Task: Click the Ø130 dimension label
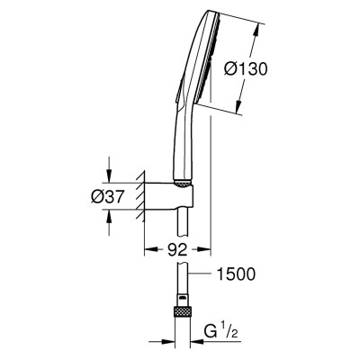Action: (245, 70)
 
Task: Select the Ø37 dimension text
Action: (107, 197)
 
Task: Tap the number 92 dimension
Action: (177, 249)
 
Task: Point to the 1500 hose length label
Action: (236, 274)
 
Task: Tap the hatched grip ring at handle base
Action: (183, 184)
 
